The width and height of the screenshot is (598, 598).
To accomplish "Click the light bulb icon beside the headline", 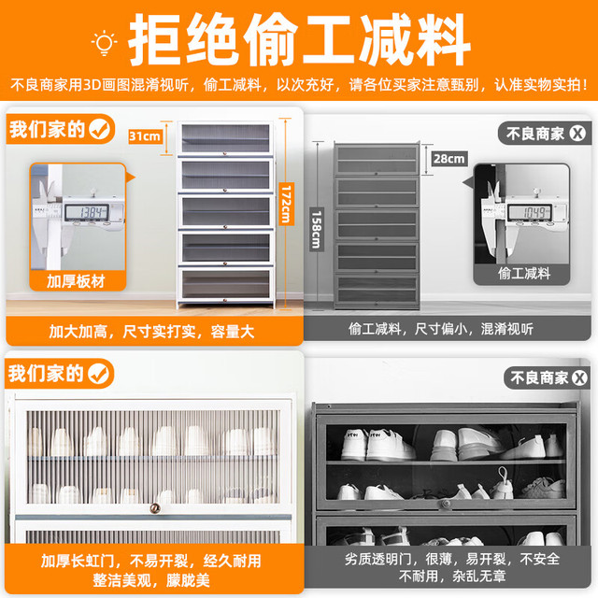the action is click(104, 44).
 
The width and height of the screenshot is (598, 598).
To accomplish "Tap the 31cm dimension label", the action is click(145, 136).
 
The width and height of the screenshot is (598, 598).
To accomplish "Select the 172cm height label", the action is click(286, 204).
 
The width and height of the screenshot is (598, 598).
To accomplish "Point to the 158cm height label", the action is click(317, 230).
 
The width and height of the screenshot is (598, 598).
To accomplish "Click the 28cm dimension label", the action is click(449, 159).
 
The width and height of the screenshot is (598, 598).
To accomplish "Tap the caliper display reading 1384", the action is click(87, 212).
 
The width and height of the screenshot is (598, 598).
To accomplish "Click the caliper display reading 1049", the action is click(530, 212).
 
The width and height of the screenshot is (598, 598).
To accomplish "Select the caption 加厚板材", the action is click(76, 281).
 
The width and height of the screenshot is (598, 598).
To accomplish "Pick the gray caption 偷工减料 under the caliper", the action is click(524, 274).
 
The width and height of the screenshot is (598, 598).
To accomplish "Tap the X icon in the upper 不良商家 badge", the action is click(577, 134).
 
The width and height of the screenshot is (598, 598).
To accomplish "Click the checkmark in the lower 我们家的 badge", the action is click(100, 374).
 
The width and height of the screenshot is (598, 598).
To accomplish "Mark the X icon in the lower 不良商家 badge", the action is click(579, 377).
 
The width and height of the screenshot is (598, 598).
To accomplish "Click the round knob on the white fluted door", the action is click(154, 508).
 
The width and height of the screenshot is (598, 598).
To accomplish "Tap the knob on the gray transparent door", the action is click(446, 504).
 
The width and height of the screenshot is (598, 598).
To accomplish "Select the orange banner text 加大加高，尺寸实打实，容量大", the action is click(151, 332).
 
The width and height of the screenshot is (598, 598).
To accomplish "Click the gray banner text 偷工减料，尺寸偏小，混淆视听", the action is click(441, 329).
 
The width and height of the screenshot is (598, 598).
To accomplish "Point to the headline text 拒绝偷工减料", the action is click(299, 40).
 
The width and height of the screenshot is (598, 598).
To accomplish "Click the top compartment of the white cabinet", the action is click(226, 138).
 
